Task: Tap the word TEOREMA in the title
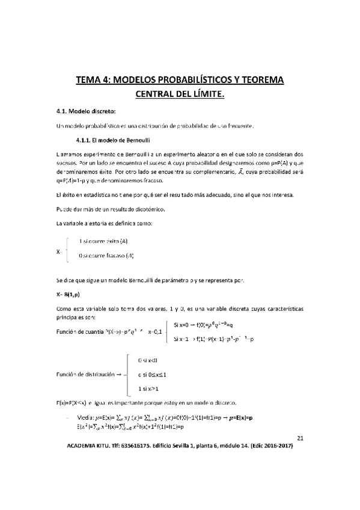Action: pyautogui.click(x=260, y=80)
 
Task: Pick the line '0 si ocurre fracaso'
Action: pyautogui.click(x=106, y=256)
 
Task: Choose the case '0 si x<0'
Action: pyautogui.click(x=148, y=360)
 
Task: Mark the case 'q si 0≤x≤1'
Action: pyautogui.click(x=151, y=375)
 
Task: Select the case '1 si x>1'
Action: pyautogui.click(x=148, y=389)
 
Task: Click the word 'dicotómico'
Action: pyautogui.click(x=144, y=209)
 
